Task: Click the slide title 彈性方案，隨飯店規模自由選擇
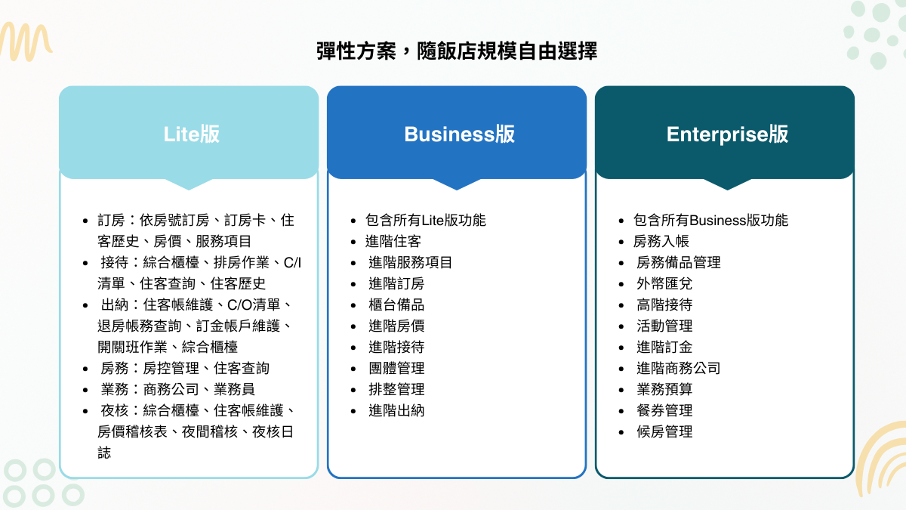(457, 51)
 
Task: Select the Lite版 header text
(192, 134)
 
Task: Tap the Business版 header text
(459, 134)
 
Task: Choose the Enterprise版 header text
(727, 134)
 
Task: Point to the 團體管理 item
(396, 368)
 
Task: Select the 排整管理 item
(396, 389)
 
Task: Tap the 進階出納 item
(396, 410)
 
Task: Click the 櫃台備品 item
(396, 304)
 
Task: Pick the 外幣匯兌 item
(664, 283)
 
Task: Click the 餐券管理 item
(664, 410)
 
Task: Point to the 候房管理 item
(664, 431)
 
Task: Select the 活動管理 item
(664, 326)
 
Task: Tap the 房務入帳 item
(661, 241)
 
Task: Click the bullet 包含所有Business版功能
(710, 220)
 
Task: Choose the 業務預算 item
(664, 389)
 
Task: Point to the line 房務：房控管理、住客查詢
(185, 368)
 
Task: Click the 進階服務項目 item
(411, 262)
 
